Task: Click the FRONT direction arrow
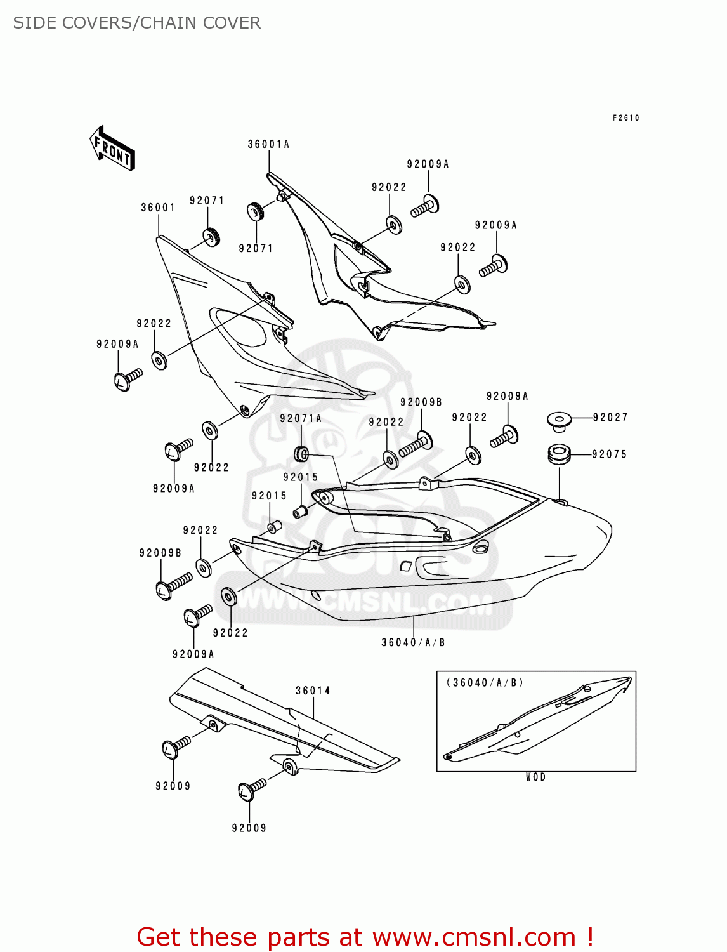pyautogui.click(x=112, y=149)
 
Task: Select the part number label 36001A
pyautogui.click(x=268, y=144)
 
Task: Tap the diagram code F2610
pyautogui.click(x=625, y=118)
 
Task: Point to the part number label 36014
pyautogui.click(x=313, y=691)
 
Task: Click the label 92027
pyautogui.click(x=610, y=417)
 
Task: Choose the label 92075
pyautogui.click(x=609, y=454)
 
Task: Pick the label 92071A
pyautogui.click(x=301, y=418)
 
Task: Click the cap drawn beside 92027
pyautogui.click(x=559, y=420)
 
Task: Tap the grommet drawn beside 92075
pyautogui.click(x=559, y=454)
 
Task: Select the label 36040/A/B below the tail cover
pyautogui.click(x=413, y=642)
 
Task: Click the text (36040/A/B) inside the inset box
pyautogui.click(x=485, y=683)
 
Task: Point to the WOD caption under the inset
pyautogui.click(x=535, y=777)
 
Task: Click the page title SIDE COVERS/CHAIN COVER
pyautogui.click(x=137, y=23)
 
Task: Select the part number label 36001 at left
pyautogui.click(x=158, y=208)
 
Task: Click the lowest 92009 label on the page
pyautogui.click(x=249, y=828)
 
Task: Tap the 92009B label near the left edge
pyautogui.click(x=160, y=553)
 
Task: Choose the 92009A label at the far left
pyautogui.click(x=117, y=344)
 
